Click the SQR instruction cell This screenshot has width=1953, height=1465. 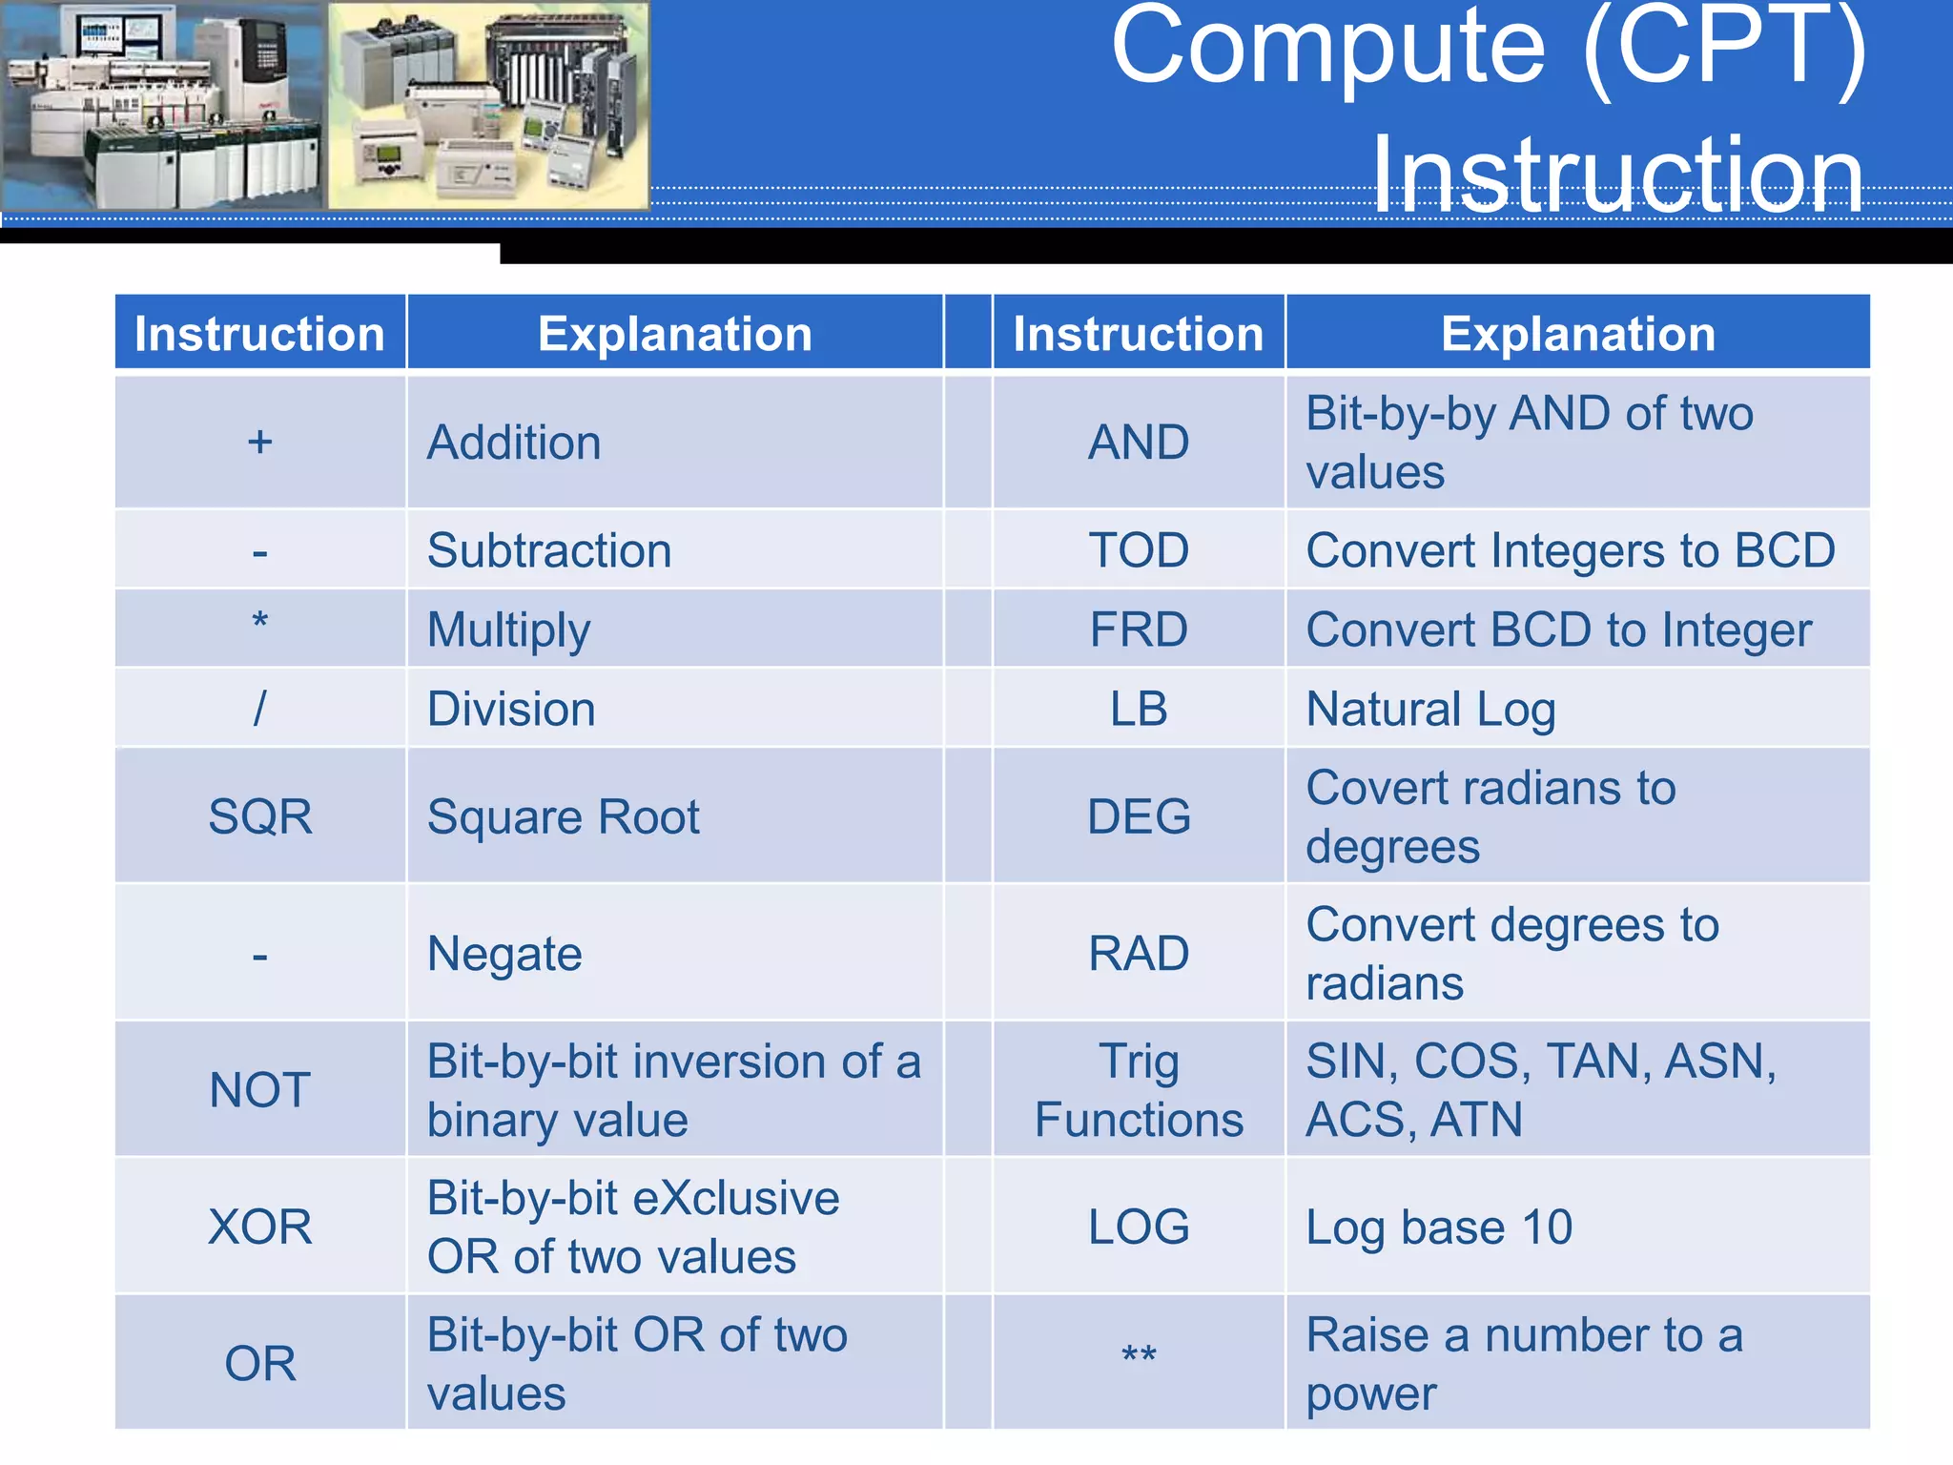(259, 816)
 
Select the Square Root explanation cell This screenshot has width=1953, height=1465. (563, 817)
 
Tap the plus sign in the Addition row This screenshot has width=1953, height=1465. (259, 443)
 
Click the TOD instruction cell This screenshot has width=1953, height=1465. (1139, 550)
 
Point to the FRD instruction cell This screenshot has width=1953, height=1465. (1139, 629)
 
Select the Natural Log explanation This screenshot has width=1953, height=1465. (1430, 710)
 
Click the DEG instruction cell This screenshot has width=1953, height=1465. (1139, 816)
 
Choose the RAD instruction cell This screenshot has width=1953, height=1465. (1139, 954)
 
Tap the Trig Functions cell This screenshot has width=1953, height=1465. (1139, 1090)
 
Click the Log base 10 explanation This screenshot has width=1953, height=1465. (1438, 1228)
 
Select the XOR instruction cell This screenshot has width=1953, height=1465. (259, 1227)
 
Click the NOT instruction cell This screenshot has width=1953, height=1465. (259, 1090)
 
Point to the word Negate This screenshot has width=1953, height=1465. (504, 954)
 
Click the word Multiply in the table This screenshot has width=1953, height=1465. (508, 630)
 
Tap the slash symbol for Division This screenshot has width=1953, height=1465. (259, 709)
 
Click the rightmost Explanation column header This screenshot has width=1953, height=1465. (1577, 334)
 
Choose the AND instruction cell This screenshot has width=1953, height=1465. (1139, 443)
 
